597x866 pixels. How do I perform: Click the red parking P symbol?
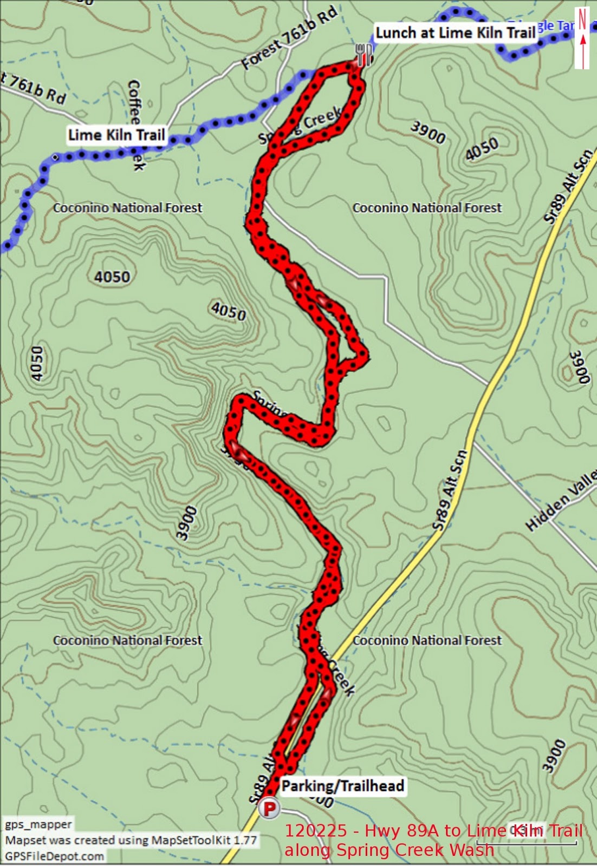(269, 809)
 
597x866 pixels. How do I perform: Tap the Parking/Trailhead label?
(342, 786)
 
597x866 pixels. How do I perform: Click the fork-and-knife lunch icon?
(364, 54)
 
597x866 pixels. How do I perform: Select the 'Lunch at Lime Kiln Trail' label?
(455, 33)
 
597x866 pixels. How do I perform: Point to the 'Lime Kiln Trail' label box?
(116, 135)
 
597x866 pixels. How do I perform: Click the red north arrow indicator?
(582, 38)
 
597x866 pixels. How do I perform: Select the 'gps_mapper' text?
(38, 824)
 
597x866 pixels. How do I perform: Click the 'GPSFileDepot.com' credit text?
(54, 856)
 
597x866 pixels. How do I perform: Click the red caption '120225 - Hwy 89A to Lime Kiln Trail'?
(433, 831)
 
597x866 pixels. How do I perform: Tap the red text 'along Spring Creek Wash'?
(389, 850)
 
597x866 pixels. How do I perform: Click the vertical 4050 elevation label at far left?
(36, 364)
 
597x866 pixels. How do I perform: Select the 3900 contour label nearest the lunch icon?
(428, 132)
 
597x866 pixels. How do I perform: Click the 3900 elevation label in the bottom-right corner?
(554, 756)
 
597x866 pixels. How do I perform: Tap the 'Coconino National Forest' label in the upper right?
(427, 208)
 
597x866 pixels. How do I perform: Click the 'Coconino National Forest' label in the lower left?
(127, 640)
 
